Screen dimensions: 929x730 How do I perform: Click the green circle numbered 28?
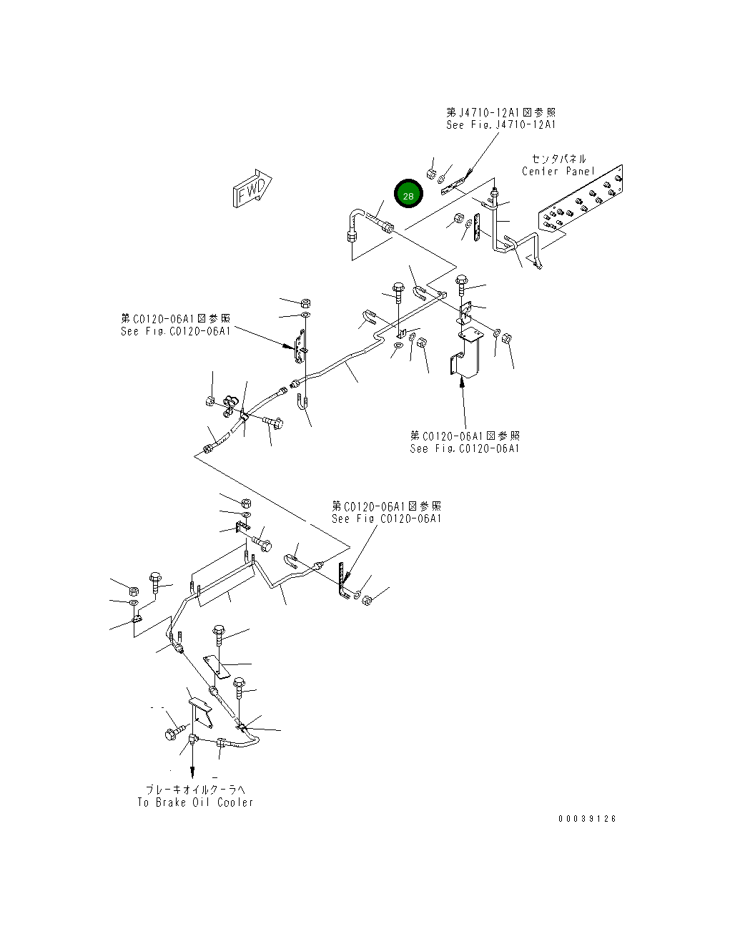pyautogui.click(x=409, y=194)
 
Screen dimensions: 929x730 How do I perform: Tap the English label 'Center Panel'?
pyautogui.click(x=558, y=172)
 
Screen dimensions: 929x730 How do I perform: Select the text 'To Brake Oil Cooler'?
pyautogui.click(x=195, y=802)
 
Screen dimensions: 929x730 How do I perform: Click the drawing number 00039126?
pyautogui.click(x=587, y=819)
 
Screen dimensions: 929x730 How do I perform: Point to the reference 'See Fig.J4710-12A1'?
pyautogui.click(x=500, y=125)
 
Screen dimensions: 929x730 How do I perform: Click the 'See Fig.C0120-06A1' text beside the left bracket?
pyautogui.click(x=175, y=331)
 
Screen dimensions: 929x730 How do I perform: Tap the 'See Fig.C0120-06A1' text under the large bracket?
pyautogui.click(x=465, y=448)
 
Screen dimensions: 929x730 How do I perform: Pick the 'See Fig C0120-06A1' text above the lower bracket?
pyautogui.click(x=386, y=518)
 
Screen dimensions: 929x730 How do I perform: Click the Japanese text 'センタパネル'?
pyautogui.click(x=558, y=159)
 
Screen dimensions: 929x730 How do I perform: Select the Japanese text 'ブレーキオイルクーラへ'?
pyautogui.click(x=195, y=790)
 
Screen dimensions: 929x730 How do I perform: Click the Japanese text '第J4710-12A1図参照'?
pyautogui.click(x=500, y=112)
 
